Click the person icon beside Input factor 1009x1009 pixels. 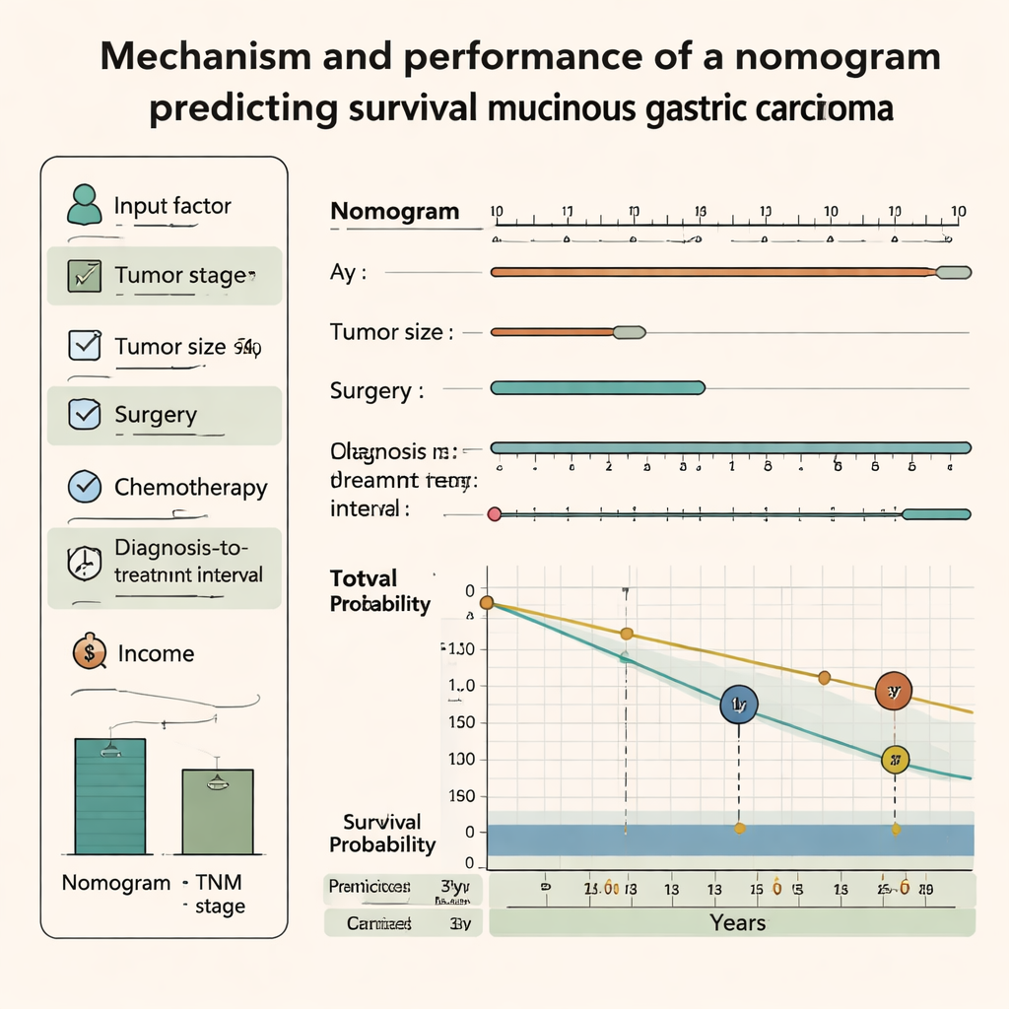pyautogui.click(x=84, y=204)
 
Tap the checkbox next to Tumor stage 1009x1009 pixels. pyautogui.click(x=82, y=276)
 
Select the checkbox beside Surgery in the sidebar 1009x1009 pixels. pyautogui.click(x=84, y=415)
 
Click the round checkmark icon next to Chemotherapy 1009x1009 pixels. pyautogui.click(x=84, y=487)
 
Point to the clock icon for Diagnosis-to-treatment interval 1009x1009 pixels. pyautogui.click(x=83, y=562)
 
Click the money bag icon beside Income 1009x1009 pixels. pyautogui.click(x=89, y=651)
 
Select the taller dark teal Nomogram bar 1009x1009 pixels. pyautogui.click(x=110, y=795)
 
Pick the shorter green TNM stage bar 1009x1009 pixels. pyautogui.click(x=218, y=811)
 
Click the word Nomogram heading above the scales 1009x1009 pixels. pyautogui.click(x=394, y=211)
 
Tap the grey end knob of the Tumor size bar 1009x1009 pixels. pyautogui.click(x=630, y=333)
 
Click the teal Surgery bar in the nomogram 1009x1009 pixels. pyautogui.click(x=597, y=388)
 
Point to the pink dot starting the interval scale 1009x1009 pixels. pyautogui.click(x=495, y=513)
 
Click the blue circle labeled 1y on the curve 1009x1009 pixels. pyautogui.click(x=738, y=705)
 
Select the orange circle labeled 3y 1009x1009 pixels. pyautogui.click(x=894, y=692)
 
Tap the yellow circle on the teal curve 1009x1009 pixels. pyautogui.click(x=895, y=759)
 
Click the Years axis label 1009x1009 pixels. pyautogui.click(x=737, y=922)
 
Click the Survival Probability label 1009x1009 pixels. pyautogui.click(x=382, y=833)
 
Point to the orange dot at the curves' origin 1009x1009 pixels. pyautogui.click(x=486, y=602)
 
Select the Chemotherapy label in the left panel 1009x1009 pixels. pyautogui.click(x=190, y=487)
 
